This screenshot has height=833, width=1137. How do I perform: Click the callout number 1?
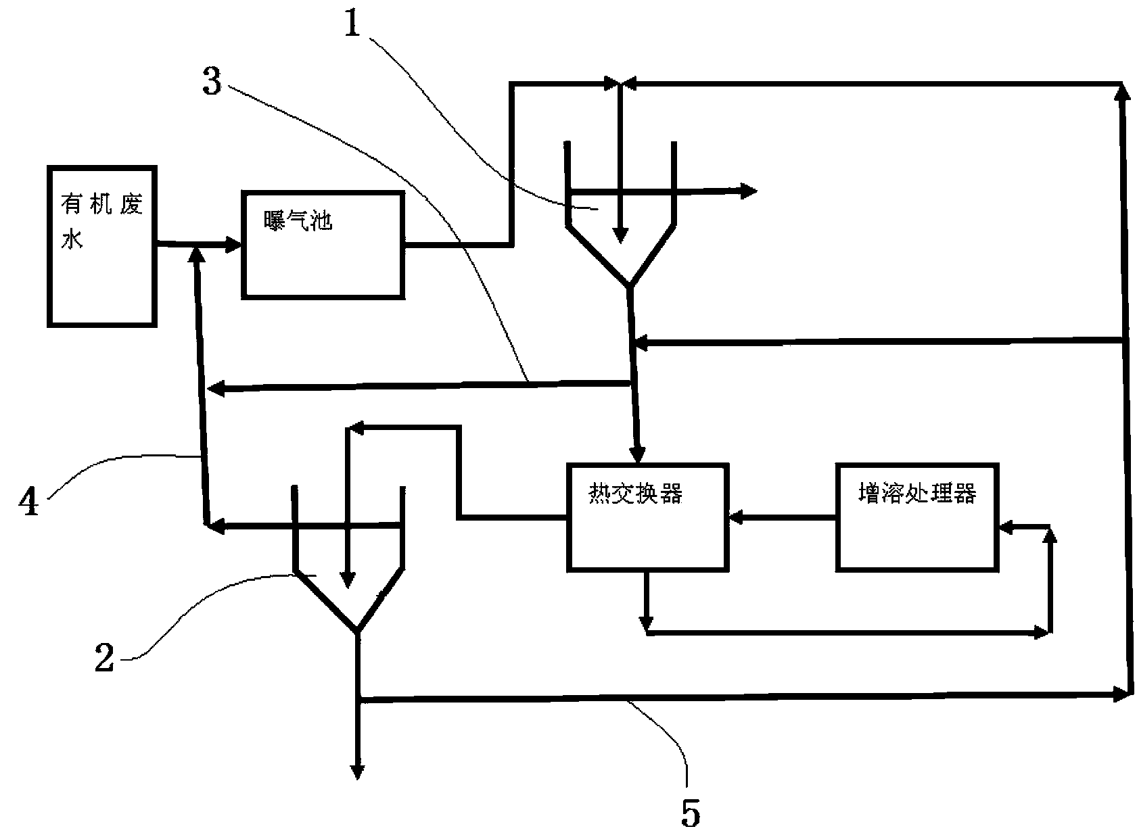352,23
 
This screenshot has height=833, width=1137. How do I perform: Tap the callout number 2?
105,657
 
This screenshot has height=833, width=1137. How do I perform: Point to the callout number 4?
28,501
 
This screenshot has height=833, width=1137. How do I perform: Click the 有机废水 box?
102,247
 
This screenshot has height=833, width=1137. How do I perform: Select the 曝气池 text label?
298,221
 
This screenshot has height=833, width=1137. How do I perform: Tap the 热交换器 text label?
636,493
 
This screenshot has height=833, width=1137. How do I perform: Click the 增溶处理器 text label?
916,493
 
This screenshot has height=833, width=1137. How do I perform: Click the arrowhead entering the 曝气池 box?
233,245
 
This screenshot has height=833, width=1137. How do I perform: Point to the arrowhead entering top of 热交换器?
638,454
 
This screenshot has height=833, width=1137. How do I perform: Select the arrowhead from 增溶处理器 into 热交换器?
737,517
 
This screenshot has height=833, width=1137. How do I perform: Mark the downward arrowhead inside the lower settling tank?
348,580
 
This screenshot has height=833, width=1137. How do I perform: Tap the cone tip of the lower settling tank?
357,631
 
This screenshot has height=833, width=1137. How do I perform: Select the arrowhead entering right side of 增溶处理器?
1006,527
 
